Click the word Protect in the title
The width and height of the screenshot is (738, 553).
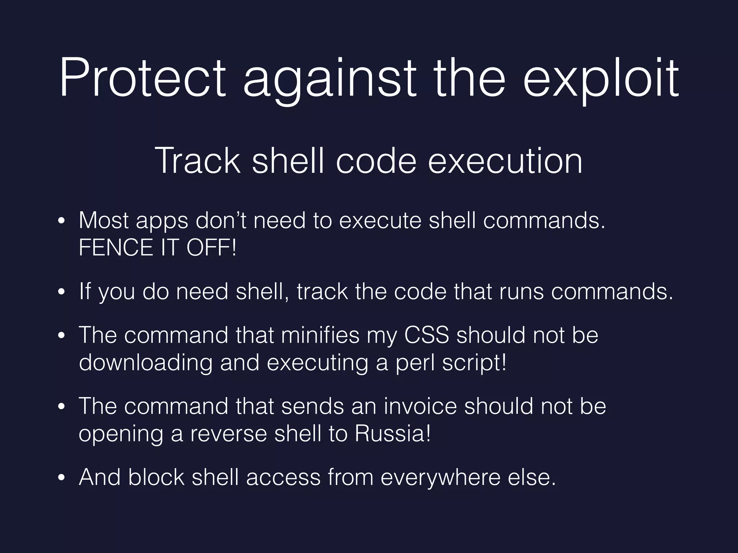point(143,78)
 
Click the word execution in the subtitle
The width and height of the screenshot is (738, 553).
point(505,161)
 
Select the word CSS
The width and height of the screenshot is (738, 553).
point(427,335)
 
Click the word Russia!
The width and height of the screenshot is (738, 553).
point(393,433)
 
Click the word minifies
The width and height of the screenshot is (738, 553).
point(320,335)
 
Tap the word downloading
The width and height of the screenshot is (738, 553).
point(146,363)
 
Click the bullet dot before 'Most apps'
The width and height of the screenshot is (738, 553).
point(62,221)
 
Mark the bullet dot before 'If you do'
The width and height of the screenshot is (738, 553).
point(62,292)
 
